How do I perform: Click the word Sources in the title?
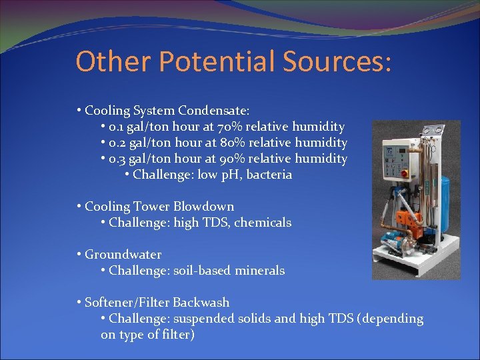(333, 62)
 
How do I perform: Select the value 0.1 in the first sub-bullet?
(117, 127)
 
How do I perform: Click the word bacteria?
(269, 175)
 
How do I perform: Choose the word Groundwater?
(123, 255)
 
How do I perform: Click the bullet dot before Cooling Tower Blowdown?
(79, 207)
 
